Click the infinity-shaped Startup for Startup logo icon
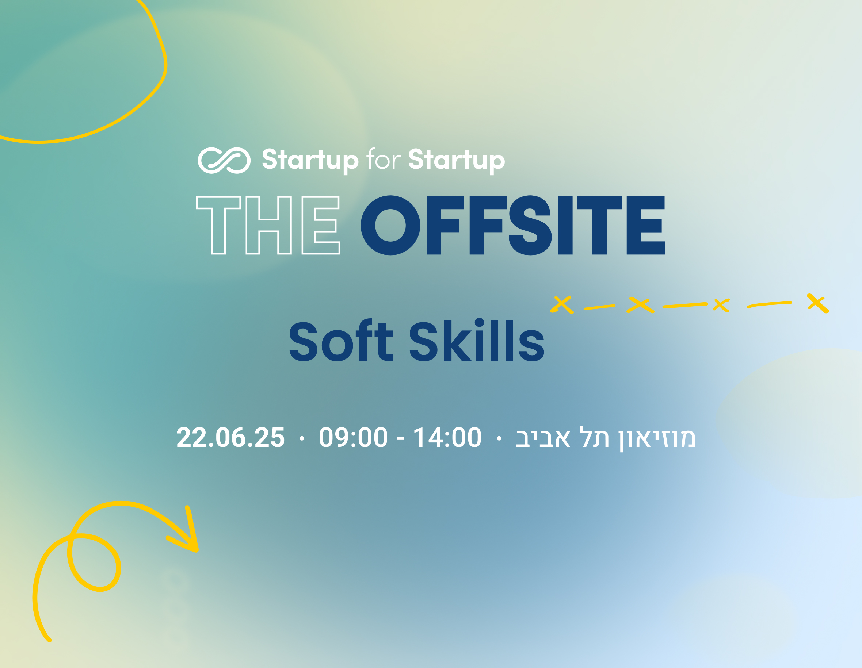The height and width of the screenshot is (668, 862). click(224, 161)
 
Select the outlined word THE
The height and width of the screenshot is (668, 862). click(268, 225)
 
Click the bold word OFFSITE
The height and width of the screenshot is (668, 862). click(513, 225)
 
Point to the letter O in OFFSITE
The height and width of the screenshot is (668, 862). click(390, 225)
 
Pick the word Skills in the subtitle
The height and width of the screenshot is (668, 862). click(477, 339)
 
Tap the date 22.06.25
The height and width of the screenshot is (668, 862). click(230, 437)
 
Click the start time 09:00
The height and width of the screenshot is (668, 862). click(353, 437)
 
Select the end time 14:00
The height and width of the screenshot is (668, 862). click(447, 437)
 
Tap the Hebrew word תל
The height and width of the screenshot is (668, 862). click(594, 437)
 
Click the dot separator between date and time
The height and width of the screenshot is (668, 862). click(302, 438)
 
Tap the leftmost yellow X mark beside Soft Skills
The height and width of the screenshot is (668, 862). click(562, 305)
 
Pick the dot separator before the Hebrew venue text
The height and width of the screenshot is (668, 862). click(499, 438)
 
